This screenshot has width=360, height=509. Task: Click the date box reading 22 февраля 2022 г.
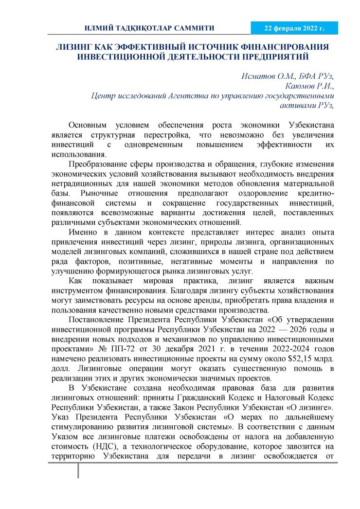point(294,28)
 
